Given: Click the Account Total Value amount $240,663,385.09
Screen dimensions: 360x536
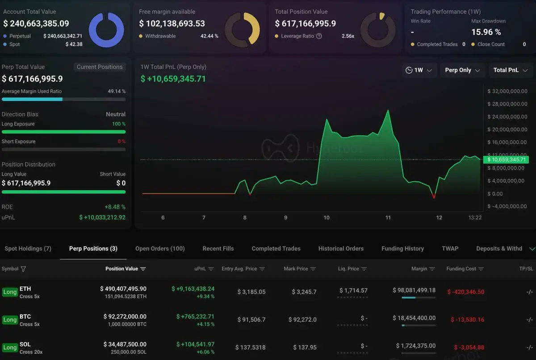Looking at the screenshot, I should coord(36,24).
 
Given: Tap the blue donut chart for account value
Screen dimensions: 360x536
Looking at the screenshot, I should coord(106,30).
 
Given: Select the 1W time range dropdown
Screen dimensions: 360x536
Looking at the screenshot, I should coord(419,70).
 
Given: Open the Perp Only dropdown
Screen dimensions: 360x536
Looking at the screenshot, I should coord(463,70).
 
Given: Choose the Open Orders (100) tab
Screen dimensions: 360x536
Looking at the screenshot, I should coord(160,248).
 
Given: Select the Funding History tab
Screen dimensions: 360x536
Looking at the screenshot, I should coord(402,248).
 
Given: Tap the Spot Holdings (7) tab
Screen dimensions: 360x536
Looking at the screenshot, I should coord(28,248).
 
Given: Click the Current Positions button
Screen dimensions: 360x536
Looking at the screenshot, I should coord(100,67).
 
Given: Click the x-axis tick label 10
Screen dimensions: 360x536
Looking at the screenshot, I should coord(327,218).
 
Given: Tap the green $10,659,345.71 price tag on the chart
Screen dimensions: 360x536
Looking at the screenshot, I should coord(507,159).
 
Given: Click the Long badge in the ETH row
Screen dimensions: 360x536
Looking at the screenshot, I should coord(10,292).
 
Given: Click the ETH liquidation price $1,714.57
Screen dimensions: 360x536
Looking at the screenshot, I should coord(353,291).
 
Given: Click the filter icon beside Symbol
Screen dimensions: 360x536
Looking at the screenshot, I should coord(23,269).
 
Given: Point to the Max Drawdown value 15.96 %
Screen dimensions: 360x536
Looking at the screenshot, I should coord(486,32).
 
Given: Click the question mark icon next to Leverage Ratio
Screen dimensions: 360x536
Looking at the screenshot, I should coord(319,36).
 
